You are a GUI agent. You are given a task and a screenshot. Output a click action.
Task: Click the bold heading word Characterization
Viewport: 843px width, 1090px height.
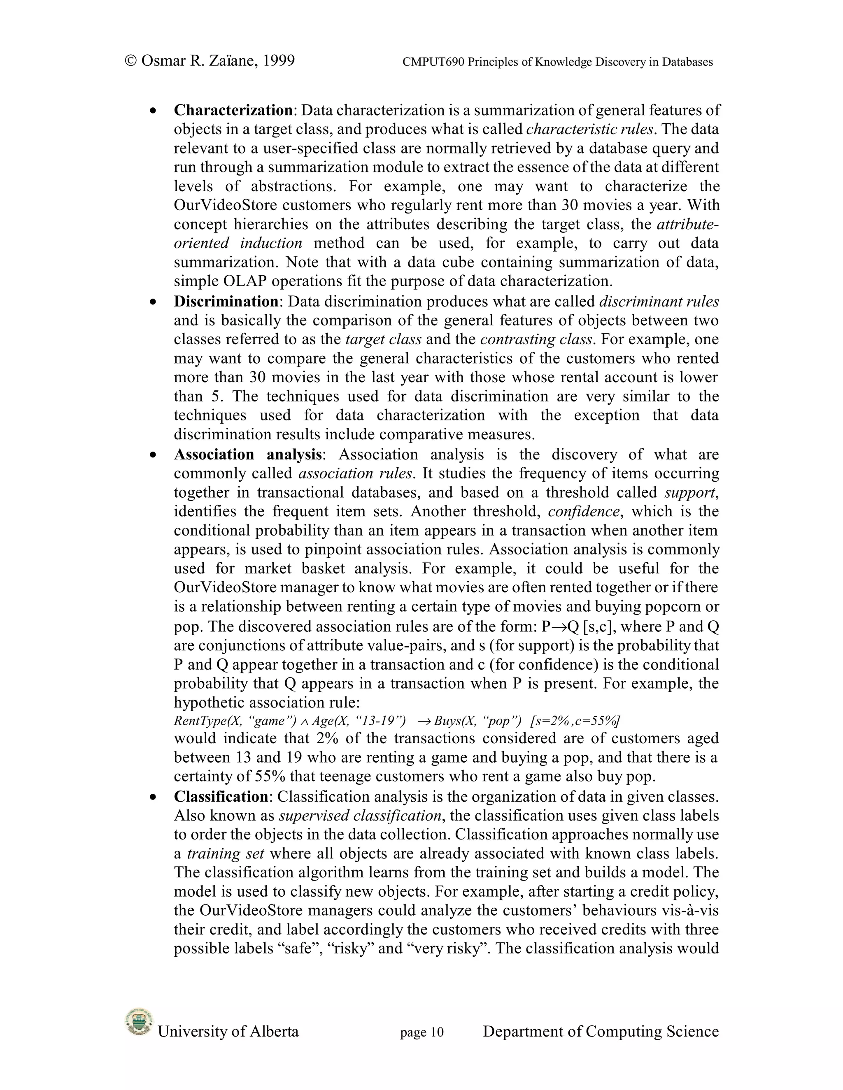click(x=233, y=110)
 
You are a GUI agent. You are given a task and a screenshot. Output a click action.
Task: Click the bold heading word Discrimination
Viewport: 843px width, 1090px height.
click(x=226, y=301)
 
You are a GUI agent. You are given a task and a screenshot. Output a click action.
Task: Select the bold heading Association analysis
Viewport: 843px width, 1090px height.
click(x=247, y=454)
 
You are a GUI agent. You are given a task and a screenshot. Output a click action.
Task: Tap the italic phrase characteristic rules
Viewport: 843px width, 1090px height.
click(x=590, y=129)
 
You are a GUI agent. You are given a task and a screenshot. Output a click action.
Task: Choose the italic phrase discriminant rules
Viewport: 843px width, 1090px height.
click(x=659, y=301)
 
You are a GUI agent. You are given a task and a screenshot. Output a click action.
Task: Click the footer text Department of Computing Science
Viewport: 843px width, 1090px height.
click(x=601, y=1032)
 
